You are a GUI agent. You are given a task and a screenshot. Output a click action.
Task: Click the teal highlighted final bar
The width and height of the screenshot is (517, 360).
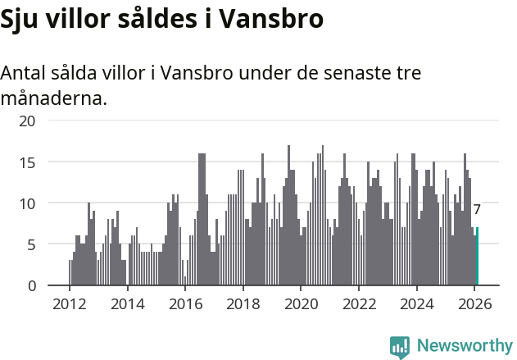tap(477, 257)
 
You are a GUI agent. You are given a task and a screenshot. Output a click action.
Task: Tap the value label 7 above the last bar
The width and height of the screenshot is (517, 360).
tap(477, 210)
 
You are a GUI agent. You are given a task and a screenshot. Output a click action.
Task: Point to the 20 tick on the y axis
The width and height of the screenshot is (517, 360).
tap(27, 121)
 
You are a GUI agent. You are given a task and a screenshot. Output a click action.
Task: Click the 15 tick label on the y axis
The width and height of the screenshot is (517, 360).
tap(27, 162)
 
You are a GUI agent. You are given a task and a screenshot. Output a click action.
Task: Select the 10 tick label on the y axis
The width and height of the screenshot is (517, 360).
tap(27, 203)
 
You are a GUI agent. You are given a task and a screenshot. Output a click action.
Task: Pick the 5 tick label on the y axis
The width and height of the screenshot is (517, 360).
tap(31, 244)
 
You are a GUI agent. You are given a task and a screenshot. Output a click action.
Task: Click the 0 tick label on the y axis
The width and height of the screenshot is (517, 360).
tap(31, 285)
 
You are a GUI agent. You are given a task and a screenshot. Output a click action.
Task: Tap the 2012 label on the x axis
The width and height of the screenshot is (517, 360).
tap(69, 303)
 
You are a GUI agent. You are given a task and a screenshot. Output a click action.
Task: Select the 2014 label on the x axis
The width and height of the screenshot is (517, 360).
tap(127, 303)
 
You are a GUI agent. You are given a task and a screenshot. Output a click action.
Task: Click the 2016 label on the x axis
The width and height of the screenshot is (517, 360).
tap(185, 303)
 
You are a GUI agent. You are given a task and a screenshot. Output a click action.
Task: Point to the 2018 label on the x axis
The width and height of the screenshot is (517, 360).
tap(243, 303)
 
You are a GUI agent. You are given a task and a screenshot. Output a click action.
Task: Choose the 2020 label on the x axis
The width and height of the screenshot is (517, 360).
tap(301, 303)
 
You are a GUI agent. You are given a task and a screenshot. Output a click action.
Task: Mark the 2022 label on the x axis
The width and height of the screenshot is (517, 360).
tap(359, 303)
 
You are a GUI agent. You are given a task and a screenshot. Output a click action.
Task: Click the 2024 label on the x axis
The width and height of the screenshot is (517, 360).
tap(416, 303)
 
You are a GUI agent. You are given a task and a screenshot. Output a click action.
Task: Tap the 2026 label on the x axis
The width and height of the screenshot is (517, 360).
tap(474, 303)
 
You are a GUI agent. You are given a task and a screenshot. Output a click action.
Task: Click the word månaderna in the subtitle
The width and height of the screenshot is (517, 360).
tap(53, 99)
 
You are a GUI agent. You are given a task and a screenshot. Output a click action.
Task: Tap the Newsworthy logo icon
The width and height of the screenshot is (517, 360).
tap(400, 347)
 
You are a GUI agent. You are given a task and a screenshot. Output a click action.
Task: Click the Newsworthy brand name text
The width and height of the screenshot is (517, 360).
tap(464, 346)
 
